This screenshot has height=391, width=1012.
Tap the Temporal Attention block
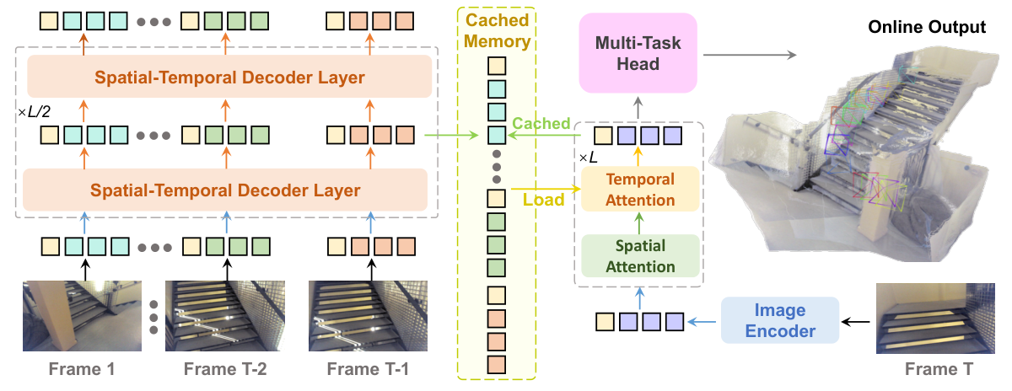tap(641, 190)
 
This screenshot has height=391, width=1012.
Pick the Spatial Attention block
tap(641, 256)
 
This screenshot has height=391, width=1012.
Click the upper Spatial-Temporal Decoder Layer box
tap(229, 78)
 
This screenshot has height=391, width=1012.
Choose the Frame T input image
tap(932, 319)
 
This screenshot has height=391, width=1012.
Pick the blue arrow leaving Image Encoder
tap(702, 321)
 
